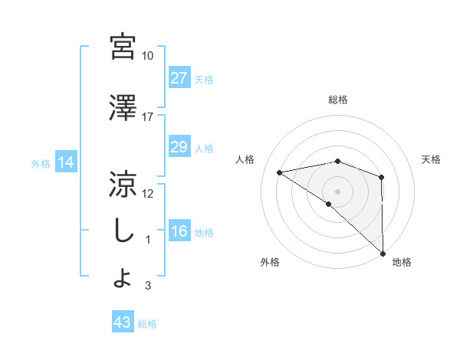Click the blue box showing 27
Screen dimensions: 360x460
(x=179, y=78)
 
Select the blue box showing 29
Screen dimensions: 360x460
(x=179, y=148)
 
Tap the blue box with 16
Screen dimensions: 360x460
(x=179, y=232)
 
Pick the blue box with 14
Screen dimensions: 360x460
(x=65, y=162)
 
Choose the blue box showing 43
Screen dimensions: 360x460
(x=123, y=323)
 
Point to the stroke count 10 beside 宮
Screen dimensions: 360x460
(x=147, y=56)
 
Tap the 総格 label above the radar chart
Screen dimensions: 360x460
(x=338, y=100)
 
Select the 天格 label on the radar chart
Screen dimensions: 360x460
(x=432, y=159)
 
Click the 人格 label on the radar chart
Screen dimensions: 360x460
(x=245, y=159)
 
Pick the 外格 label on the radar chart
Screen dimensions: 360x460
(x=270, y=262)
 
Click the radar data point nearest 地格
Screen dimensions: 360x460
(x=382, y=253)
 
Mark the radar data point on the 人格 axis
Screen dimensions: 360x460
(x=280, y=172)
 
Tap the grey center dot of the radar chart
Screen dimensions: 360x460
(x=337, y=190)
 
